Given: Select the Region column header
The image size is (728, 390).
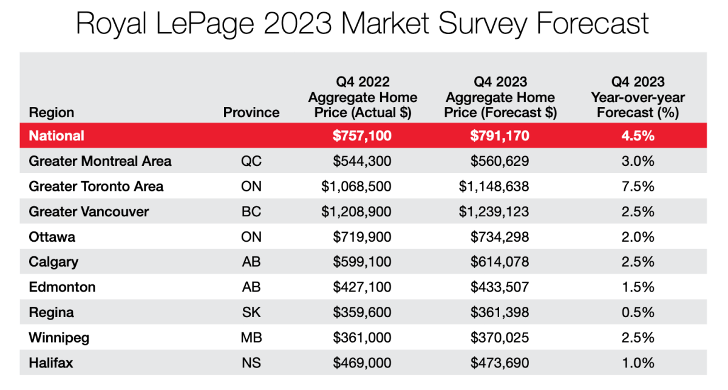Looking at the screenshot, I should click(x=52, y=112).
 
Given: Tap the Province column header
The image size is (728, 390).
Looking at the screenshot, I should click(x=251, y=112).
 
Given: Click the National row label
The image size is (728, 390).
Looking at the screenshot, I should click(x=56, y=135).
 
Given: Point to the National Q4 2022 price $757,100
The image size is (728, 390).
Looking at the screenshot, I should click(x=362, y=135).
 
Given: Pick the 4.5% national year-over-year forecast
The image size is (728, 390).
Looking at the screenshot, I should click(x=638, y=135).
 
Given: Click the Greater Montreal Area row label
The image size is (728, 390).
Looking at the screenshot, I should click(x=100, y=161).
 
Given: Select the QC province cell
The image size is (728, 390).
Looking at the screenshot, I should click(x=251, y=161).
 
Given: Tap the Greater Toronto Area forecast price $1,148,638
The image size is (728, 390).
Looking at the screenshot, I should click(x=494, y=186).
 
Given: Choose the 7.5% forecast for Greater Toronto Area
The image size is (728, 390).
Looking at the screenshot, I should click(x=638, y=186).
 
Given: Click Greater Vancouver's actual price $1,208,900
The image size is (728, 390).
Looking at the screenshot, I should click(x=356, y=211).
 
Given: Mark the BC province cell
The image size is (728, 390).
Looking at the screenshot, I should click(x=251, y=211).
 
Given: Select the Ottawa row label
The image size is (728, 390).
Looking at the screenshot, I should click(x=52, y=237).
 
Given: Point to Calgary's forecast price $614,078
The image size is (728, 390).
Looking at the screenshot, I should click(x=499, y=262).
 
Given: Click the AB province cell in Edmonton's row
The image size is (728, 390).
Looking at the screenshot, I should click(x=251, y=287).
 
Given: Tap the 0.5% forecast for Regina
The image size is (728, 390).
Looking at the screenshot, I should click(x=638, y=312).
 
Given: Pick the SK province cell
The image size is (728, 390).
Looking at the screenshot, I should click(x=251, y=312).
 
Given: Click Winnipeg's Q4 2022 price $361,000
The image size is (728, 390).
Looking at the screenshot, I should click(x=362, y=338).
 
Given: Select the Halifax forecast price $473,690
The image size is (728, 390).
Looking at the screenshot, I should click(x=499, y=363).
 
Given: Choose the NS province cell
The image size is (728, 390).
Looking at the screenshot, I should click(x=251, y=363).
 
